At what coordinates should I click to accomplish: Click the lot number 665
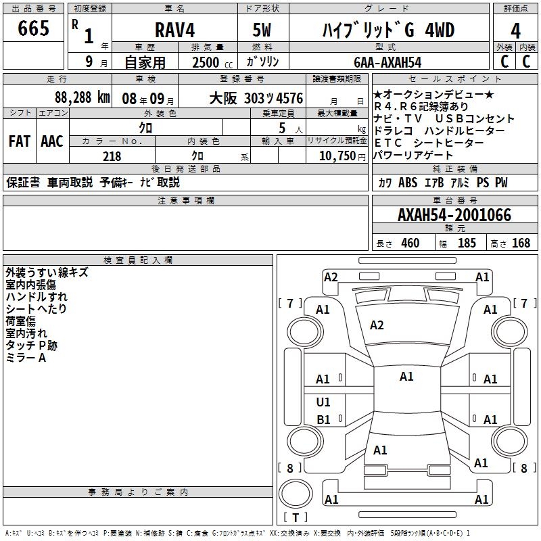(34, 29)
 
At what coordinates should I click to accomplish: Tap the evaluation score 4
(516, 30)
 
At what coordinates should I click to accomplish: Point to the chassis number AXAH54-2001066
(454, 215)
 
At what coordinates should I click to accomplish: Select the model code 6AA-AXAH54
(387, 62)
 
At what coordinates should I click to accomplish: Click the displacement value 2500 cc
(207, 62)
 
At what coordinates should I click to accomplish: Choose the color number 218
(112, 156)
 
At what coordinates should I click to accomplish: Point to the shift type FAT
(19, 141)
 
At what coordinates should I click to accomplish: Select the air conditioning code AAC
(51, 141)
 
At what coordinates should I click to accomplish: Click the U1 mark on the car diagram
(324, 402)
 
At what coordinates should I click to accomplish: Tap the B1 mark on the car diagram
(324, 419)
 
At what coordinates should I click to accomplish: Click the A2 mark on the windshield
(377, 325)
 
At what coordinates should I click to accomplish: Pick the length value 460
(410, 243)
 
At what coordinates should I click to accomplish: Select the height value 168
(521, 243)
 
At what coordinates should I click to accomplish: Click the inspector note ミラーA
(26, 358)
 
